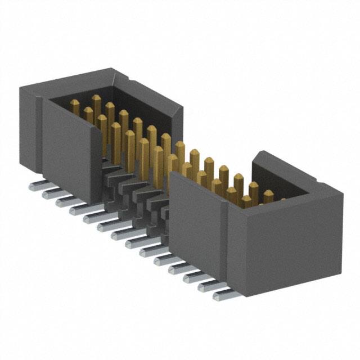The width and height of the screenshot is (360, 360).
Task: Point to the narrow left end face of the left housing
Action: [29, 129]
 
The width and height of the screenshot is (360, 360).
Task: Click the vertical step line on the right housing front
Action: [227, 236]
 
